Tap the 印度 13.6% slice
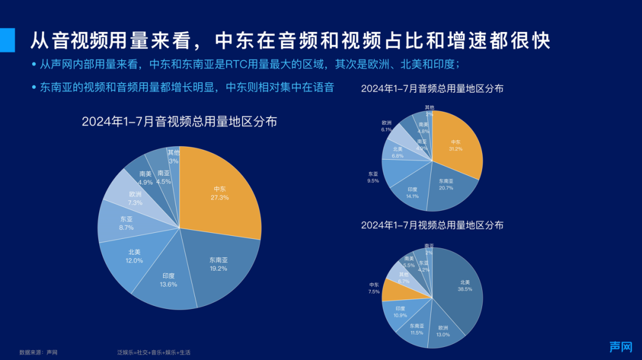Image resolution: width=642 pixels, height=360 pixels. [168, 280]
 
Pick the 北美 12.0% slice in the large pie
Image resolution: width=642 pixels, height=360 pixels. [134, 256]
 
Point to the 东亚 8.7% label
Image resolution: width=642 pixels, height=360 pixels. [126, 223]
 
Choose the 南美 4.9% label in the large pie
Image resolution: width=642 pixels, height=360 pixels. [146, 178]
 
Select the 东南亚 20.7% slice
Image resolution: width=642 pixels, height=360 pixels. [446, 185]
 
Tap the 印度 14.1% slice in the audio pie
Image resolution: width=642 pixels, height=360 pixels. [413, 192]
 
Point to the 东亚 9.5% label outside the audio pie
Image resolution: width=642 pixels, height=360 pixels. [373, 177]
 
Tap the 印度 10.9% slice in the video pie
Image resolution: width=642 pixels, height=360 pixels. [399, 312]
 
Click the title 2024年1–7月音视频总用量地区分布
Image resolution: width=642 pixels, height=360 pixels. [179, 122]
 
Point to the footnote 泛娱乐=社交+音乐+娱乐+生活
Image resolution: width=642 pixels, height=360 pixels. [154, 352]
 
